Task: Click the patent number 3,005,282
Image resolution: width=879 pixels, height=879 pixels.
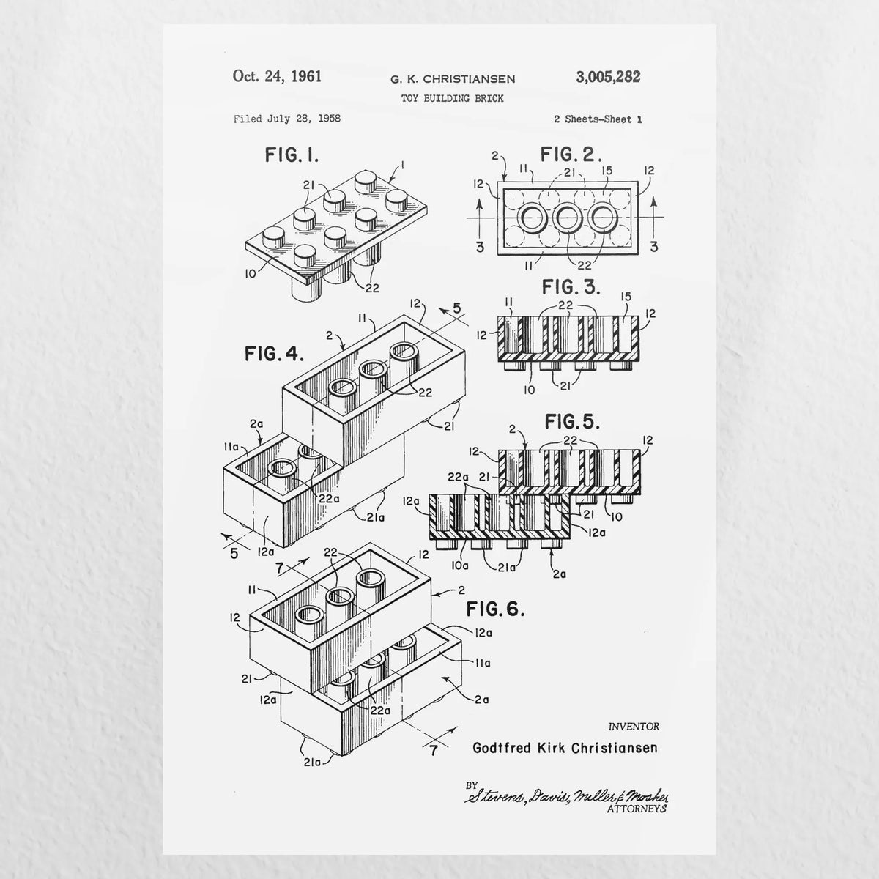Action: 608,77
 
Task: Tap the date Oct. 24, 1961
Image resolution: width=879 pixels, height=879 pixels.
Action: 278,76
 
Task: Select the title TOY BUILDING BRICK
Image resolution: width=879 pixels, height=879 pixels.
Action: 453,98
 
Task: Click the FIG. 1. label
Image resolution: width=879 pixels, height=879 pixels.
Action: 292,155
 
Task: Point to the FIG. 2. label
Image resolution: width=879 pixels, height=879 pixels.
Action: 571,155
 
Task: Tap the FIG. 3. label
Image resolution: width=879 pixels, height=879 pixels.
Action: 571,287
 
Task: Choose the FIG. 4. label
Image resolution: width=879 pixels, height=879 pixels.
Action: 275,354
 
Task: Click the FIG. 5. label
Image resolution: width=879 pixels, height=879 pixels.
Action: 572,422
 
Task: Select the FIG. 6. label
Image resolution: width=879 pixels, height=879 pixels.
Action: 495,609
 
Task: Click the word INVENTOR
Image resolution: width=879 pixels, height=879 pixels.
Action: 634,726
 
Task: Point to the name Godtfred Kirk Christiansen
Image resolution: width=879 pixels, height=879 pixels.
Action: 565,748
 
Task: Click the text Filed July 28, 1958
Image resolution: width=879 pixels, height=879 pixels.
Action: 287,119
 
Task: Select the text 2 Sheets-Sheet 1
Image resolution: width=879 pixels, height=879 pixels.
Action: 598,119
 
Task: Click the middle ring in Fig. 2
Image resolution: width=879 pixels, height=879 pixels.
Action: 567,218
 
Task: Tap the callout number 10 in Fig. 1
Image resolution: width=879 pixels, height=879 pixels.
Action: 251,274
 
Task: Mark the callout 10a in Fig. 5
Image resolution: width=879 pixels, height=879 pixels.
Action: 460,565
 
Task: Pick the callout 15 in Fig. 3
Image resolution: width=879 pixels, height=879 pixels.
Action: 626,297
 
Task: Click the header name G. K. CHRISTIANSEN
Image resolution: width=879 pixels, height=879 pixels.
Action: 453,79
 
